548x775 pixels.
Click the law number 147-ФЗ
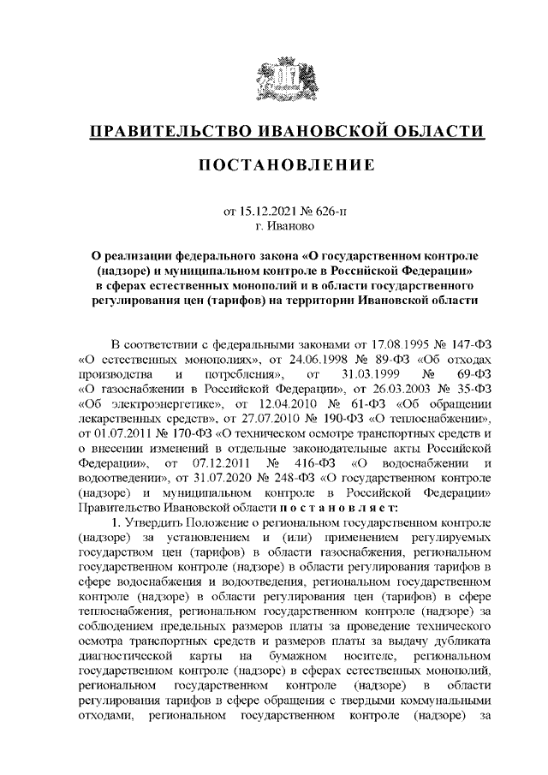464,345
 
